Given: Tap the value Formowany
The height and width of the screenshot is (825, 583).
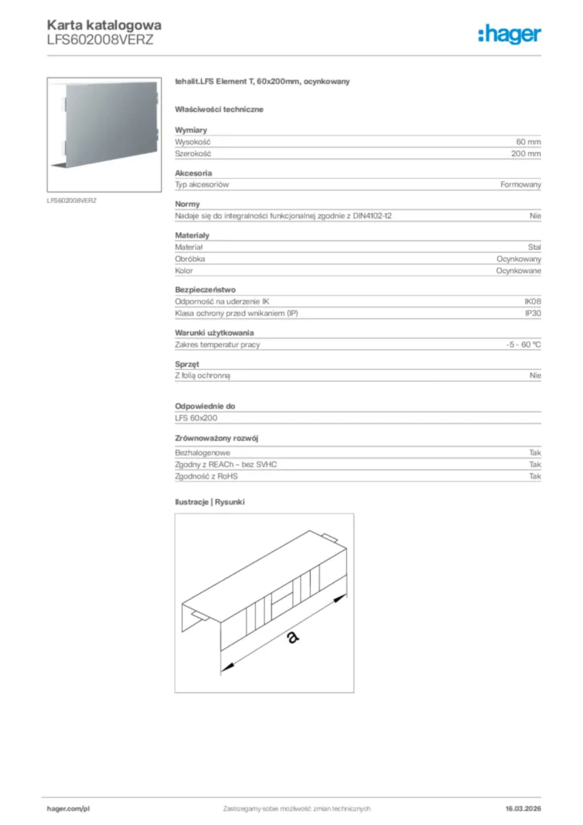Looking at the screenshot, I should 520,184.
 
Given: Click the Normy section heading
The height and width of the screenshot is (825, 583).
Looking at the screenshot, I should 187,204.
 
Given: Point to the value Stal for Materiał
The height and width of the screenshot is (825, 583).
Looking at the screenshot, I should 533,247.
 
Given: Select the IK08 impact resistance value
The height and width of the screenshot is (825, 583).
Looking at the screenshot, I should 532,301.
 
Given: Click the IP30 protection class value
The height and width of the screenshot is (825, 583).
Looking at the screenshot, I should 532,313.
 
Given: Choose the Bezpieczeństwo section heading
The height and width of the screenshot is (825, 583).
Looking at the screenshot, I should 205,289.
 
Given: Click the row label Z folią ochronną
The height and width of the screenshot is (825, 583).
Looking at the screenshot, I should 208,375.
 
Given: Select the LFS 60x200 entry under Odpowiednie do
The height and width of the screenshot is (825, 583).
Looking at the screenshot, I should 196,418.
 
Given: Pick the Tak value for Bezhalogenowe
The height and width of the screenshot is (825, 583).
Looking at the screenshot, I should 535,454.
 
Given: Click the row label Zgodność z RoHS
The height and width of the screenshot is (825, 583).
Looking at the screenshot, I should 206,476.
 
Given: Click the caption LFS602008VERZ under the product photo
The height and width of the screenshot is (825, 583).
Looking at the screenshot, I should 72,200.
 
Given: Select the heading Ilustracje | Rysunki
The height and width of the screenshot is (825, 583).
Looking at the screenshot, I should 209,502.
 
